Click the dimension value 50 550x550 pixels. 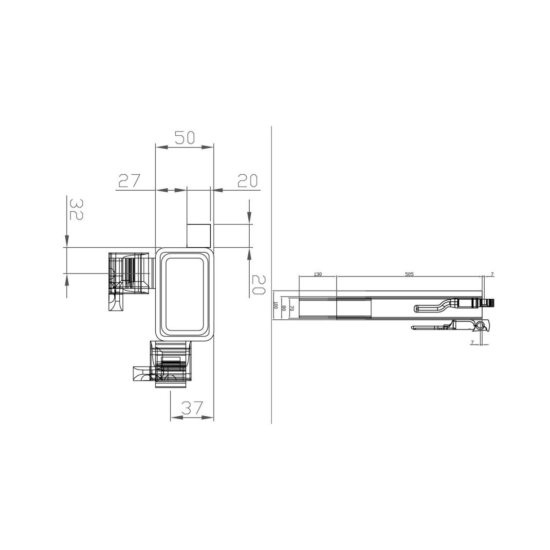point(184,138)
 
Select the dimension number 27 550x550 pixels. point(128,181)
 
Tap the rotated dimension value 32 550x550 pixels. point(76,209)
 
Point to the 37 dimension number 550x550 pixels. point(192,408)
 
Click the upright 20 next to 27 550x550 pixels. point(247,181)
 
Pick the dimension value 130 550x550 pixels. point(317,275)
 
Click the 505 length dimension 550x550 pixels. point(409,275)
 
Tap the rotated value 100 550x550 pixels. point(275,305)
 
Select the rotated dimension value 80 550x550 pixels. point(284,308)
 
